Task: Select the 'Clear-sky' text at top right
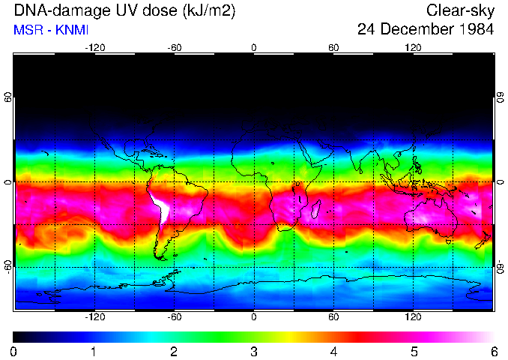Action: pyautogui.click(x=460, y=11)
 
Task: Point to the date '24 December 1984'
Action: pyautogui.click(x=425, y=30)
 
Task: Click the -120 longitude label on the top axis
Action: pyautogui.click(x=94, y=48)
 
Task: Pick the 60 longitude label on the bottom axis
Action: pyautogui.click(x=333, y=316)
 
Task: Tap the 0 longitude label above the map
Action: pyautogui.click(x=254, y=48)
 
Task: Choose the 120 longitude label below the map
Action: pyautogui.click(x=413, y=316)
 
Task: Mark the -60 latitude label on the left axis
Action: pyautogui.click(x=8, y=266)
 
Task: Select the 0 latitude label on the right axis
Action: pyautogui.click(x=500, y=182)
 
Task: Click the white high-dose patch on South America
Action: pyautogui.click(x=160, y=205)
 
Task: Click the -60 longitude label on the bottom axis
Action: pyautogui.click(x=175, y=316)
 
